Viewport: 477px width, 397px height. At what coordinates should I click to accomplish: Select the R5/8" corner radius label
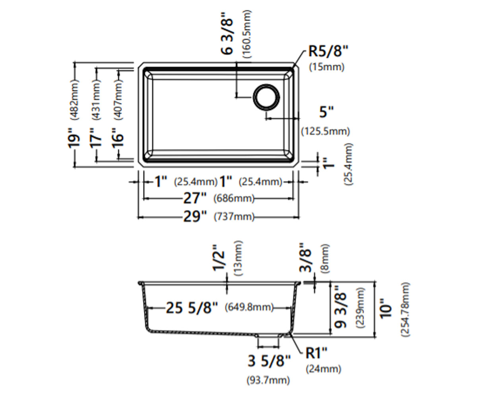click(x=328, y=51)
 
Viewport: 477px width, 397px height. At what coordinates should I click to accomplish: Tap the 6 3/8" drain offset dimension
click(x=227, y=37)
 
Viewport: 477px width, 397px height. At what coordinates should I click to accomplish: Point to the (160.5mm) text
click(x=247, y=34)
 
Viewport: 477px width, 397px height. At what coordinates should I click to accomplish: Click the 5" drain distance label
click(x=326, y=112)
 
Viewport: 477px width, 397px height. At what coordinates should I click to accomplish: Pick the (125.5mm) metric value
click(x=326, y=131)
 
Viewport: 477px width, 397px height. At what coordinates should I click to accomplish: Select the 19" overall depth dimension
click(x=74, y=138)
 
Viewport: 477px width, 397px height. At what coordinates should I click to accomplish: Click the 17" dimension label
click(x=95, y=138)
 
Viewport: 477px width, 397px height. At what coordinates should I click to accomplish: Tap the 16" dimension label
click(x=118, y=138)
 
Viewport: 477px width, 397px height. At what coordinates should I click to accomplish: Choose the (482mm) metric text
click(x=74, y=99)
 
